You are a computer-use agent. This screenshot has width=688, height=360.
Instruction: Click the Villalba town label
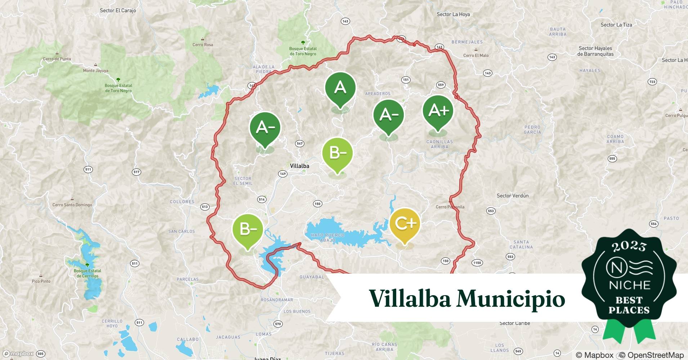[299, 166]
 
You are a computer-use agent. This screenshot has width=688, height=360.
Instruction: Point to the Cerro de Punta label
[57, 59]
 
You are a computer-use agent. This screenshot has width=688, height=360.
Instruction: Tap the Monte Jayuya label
[95, 71]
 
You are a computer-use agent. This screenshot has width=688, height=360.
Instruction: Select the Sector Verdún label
[513, 196]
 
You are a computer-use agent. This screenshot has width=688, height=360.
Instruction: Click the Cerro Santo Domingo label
[72, 205]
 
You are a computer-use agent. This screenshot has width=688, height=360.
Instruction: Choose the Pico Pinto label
[41, 281]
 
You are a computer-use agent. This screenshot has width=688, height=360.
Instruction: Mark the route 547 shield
[299, 144]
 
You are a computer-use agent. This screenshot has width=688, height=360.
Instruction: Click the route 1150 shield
[477, 263]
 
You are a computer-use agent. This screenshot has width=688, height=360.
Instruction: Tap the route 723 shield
[652, 82]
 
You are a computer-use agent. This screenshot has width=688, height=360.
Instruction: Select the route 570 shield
[277, 324]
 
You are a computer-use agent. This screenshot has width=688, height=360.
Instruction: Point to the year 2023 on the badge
[629, 246]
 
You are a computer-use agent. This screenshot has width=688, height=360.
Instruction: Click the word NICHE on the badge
[629, 285]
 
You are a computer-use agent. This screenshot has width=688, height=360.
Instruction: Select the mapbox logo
[18, 354]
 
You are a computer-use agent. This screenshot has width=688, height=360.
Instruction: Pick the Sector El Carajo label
[118, 10]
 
